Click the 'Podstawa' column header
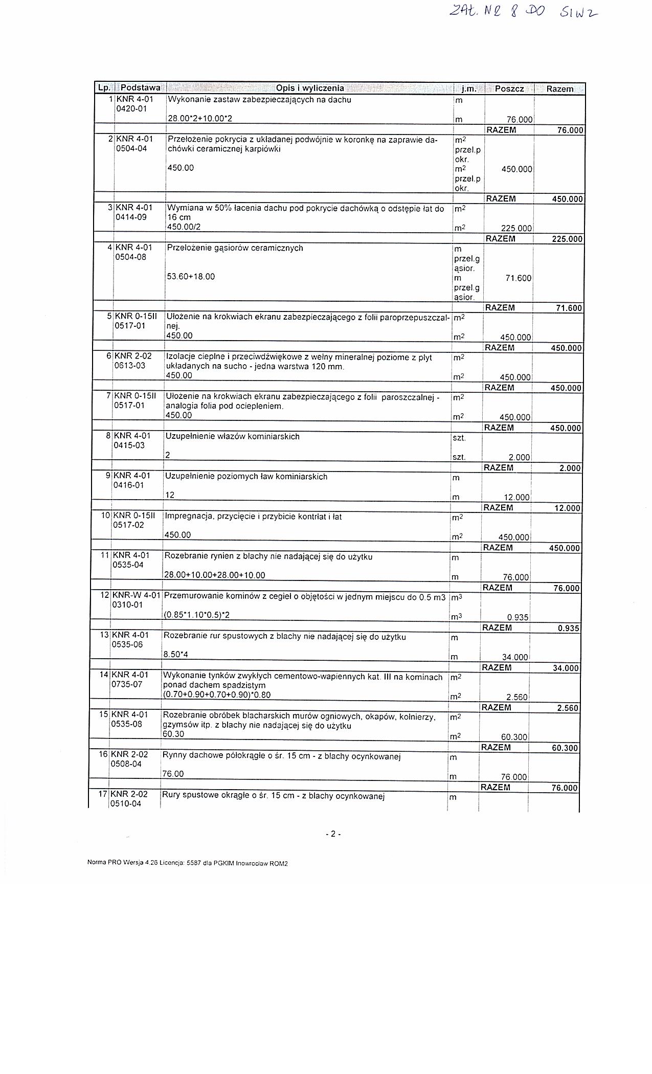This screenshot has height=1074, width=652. click(x=140, y=88)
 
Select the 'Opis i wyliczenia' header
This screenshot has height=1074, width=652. click(x=310, y=88)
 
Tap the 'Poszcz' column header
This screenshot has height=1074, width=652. click(x=509, y=88)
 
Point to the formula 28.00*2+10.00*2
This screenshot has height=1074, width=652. click(x=200, y=119)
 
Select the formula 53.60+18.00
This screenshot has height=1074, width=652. click(x=191, y=277)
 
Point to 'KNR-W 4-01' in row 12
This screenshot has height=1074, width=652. click(x=136, y=595)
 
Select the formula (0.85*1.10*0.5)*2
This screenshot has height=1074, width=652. click(x=196, y=615)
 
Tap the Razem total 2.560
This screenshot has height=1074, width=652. click(x=568, y=708)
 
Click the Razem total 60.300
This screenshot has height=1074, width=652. click(x=565, y=748)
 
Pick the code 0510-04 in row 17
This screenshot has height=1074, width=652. click(x=126, y=803)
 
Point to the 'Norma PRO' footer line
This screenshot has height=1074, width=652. click(x=188, y=863)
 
